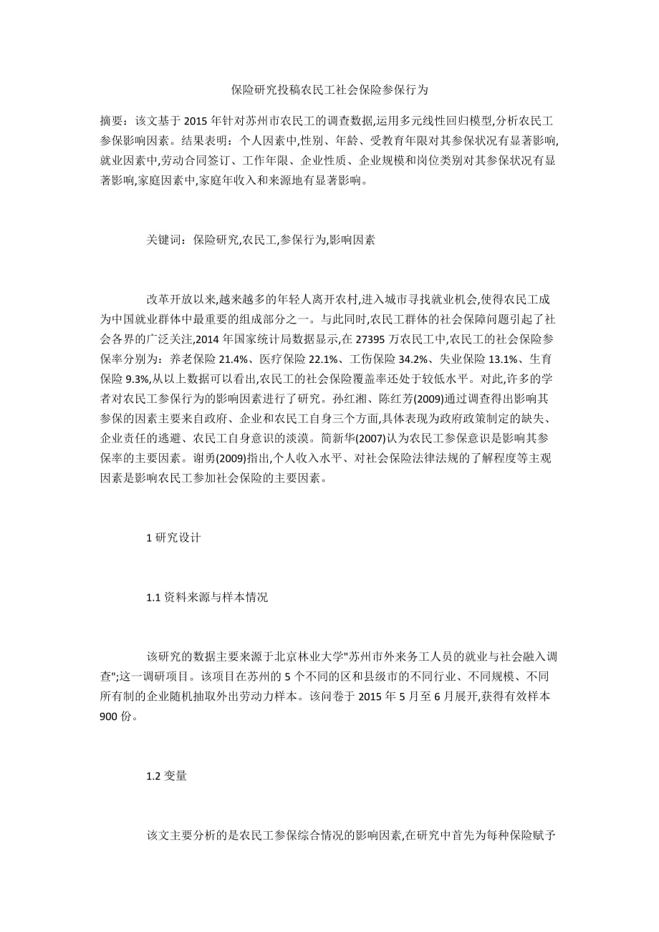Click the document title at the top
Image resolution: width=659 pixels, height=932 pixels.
pyautogui.click(x=329, y=90)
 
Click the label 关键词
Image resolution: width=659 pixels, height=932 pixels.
pyautogui.click(x=163, y=241)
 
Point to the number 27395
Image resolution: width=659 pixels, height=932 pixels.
pyautogui.click(x=404, y=338)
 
